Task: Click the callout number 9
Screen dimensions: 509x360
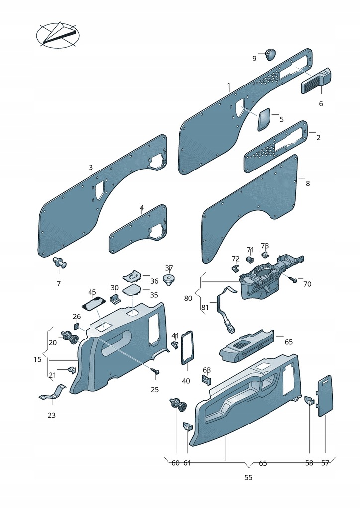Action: pyautogui.click(x=254, y=59)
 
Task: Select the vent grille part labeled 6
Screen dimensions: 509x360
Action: pyautogui.click(x=315, y=81)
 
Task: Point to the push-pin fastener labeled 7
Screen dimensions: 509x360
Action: pyautogui.click(x=60, y=263)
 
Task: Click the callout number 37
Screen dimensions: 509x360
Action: pyautogui.click(x=169, y=268)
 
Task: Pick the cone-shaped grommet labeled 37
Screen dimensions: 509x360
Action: pyautogui.click(x=170, y=280)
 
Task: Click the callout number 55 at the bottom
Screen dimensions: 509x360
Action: pyautogui.click(x=248, y=478)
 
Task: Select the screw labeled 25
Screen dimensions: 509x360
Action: pyautogui.click(x=155, y=371)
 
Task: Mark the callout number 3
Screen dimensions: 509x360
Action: pyautogui.click(x=90, y=168)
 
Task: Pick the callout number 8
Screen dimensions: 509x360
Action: pyautogui.click(x=308, y=183)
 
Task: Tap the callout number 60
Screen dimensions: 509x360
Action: pyautogui.click(x=175, y=463)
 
